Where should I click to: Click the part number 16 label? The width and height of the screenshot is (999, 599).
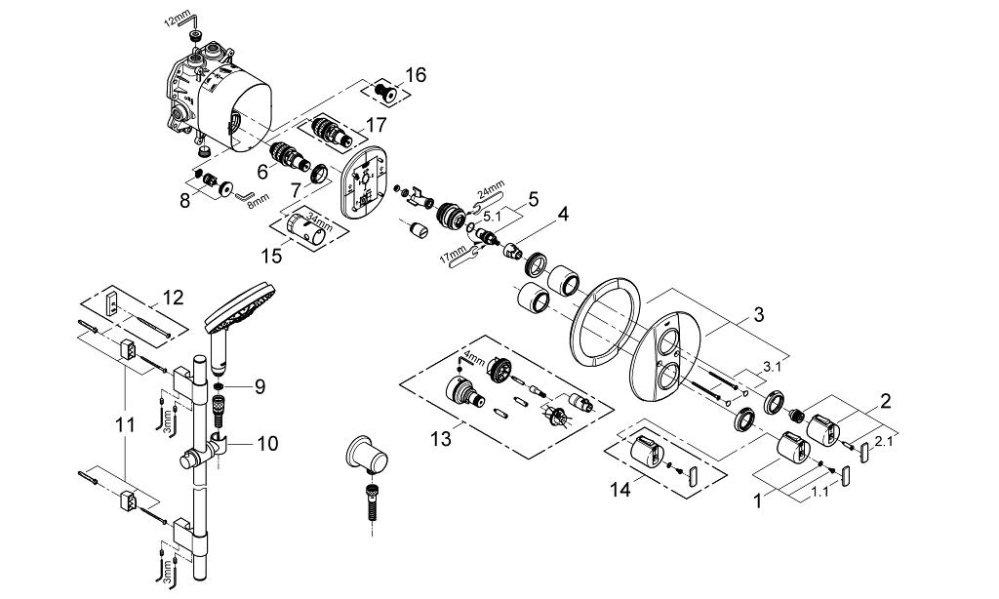tap(416, 74)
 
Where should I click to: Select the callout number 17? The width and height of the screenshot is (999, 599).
tap(377, 125)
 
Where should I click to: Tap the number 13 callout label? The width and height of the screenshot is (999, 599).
tap(441, 440)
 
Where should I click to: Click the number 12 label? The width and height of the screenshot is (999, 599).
tap(173, 297)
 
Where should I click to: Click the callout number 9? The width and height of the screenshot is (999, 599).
tap(259, 387)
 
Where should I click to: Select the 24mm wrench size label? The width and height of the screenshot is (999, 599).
tap(491, 190)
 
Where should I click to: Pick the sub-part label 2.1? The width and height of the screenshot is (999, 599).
tap(883, 442)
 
